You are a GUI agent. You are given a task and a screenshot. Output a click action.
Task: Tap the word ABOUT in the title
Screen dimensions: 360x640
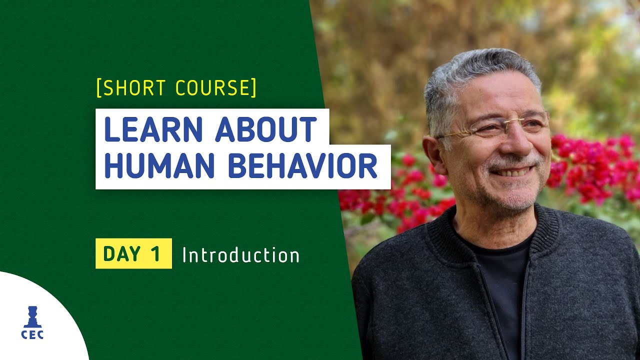coord(266,130)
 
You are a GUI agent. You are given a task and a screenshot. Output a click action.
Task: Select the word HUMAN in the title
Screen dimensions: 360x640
coord(160,167)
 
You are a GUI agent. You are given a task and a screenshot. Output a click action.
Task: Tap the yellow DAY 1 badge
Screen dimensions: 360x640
coord(133,253)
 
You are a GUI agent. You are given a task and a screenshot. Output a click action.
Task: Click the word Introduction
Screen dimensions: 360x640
coord(240,255)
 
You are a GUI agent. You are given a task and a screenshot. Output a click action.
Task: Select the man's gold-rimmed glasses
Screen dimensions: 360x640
coord(495,127)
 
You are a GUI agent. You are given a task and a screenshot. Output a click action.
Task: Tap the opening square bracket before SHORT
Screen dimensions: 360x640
coord(98,88)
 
